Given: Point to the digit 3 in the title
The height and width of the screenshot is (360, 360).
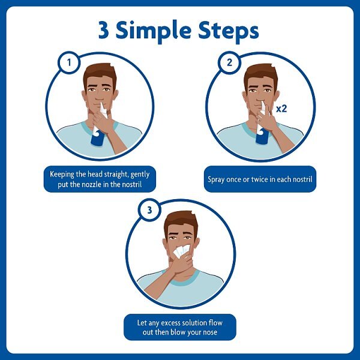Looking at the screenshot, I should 104,31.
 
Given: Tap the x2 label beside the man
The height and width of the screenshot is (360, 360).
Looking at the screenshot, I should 282,109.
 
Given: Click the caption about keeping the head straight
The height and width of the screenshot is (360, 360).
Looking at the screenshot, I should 100,179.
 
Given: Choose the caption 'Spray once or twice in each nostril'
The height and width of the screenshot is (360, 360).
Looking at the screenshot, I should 260,179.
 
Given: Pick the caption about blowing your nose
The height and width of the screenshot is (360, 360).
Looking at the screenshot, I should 180,327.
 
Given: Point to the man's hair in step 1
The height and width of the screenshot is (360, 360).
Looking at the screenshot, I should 99,73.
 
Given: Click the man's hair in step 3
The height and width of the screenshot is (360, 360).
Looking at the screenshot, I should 181,220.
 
